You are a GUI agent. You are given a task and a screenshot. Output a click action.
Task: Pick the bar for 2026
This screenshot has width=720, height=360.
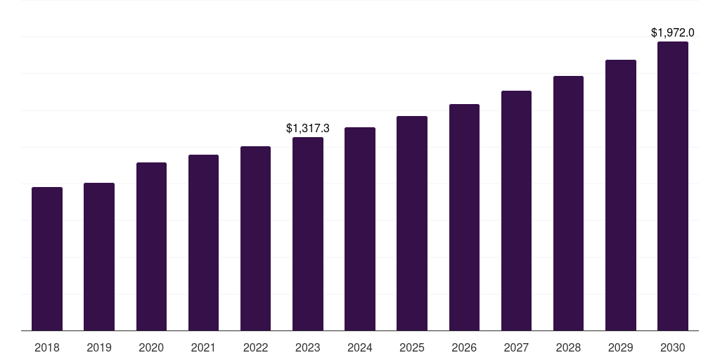[464, 217]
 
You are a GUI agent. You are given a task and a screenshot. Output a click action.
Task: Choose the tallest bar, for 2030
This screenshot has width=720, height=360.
[673, 186]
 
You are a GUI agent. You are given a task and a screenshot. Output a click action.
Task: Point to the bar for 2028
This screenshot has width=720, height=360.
[568, 203]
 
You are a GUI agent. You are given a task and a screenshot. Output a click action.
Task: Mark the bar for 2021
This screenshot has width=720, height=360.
[203, 243]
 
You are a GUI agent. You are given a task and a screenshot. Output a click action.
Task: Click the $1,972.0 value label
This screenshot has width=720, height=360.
[673, 32]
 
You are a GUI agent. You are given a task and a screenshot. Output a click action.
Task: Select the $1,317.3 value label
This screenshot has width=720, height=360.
[308, 128]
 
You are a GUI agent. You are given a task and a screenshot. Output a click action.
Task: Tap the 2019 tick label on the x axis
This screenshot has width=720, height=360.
[99, 347]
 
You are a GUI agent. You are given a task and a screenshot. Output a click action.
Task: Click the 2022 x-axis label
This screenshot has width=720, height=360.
[255, 347]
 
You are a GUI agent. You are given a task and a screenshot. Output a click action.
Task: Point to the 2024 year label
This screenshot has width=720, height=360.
[360, 347]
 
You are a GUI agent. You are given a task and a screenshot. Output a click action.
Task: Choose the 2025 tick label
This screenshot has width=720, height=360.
[412, 347]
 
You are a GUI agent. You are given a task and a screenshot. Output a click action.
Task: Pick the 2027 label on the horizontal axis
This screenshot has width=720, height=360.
[516, 347]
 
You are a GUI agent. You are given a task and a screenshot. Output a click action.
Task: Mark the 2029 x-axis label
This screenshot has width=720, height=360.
[621, 347]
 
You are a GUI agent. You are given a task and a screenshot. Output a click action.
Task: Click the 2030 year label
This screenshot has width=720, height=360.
[673, 347]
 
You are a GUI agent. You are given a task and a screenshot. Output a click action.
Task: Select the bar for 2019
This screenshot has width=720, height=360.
[99, 257]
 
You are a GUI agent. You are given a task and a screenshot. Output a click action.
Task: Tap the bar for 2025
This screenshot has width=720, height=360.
[412, 223]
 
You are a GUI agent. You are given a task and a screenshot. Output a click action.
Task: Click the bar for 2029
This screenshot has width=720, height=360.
[621, 195]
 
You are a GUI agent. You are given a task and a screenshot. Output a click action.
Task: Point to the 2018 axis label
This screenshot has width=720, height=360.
[47, 347]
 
